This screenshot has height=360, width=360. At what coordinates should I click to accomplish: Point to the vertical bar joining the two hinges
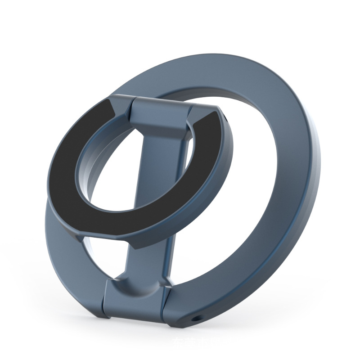[x=148, y=252]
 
